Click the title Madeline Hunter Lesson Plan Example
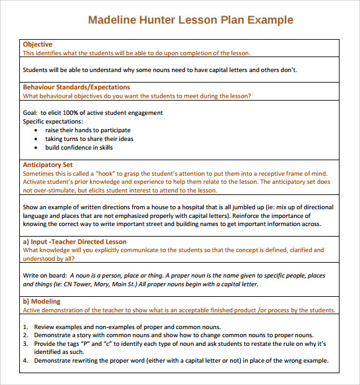point(191,20)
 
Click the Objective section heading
point(38,45)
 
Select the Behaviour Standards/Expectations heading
point(76,88)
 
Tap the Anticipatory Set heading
point(48,165)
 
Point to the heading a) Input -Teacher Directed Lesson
point(74,242)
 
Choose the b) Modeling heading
point(42,301)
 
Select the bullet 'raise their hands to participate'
point(88,130)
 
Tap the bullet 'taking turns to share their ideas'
point(89,139)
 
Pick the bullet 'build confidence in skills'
point(79,148)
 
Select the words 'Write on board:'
point(45,276)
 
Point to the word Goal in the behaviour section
point(30,113)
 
